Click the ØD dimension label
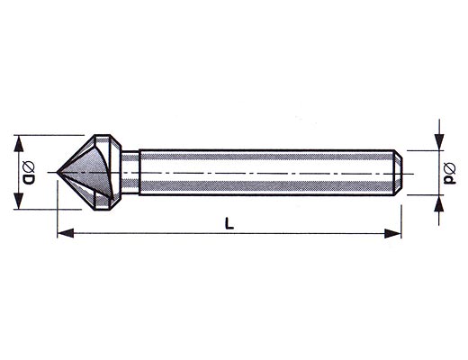pyautogui.click(x=29, y=173)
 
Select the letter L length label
pyautogui.click(x=229, y=223)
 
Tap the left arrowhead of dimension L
pyautogui.click(x=66, y=233)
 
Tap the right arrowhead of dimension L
pyautogui.click(x=392, y=233)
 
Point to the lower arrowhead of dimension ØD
pyautogui.click(x=19, y=201)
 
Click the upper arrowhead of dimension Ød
pyautogui.click(x=439, y=142)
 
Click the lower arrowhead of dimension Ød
pyautogui.click(x=439, y=203)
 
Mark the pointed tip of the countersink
pyautogui.click(x=57, y=172)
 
